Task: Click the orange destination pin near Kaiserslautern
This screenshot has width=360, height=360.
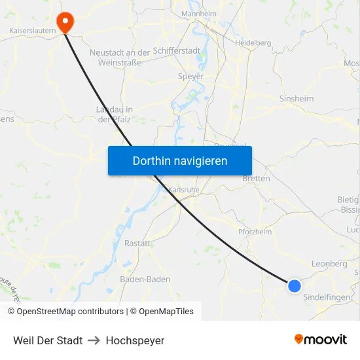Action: tap(65, 22)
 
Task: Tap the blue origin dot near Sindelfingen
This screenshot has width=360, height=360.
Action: tap(295, 285)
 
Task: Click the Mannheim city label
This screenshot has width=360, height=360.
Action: tap(198, 14)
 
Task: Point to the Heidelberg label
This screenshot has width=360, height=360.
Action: tap(253, 43)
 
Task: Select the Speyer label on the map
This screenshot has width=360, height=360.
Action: tap(191, 76)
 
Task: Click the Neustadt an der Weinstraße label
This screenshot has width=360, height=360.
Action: tap(120, 57)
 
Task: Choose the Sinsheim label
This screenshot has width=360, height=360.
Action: tap(297, 99)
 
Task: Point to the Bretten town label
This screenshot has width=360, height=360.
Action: tap(256, 178)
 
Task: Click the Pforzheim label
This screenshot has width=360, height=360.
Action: tap(255, 232)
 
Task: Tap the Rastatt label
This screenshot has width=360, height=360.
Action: tap(137, 243)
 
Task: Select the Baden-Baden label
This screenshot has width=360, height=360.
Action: tap(145, 279)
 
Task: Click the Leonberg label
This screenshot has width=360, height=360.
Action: tap(329, 264)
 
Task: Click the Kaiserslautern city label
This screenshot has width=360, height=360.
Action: tap(32, 31)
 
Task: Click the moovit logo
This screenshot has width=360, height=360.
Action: tap(321, 340)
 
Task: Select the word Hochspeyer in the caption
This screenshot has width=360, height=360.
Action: tap(135, 340)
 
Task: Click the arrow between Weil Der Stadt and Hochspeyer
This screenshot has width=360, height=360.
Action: tap(94, 340)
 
